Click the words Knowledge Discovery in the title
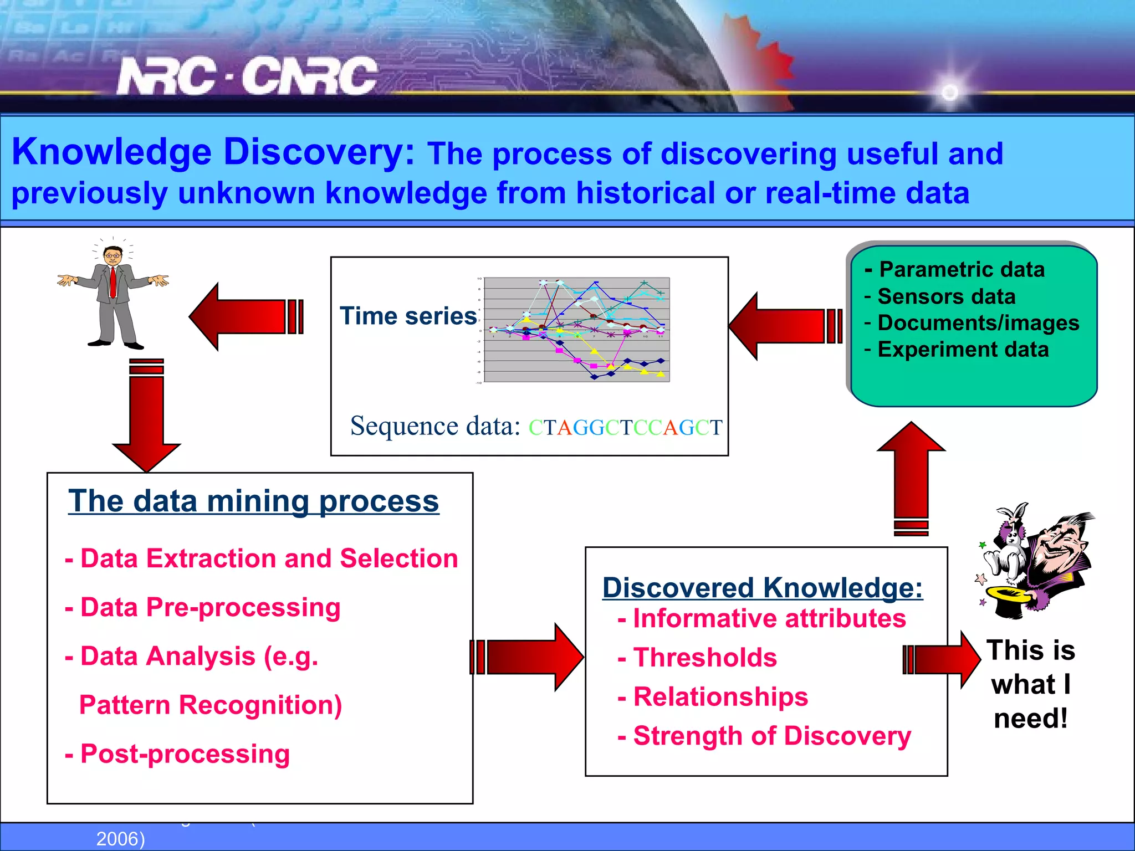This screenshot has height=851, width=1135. [x=213, y=152]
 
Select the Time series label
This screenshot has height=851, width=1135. [x=408, y=316]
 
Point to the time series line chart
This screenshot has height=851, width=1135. [x=576, y=330]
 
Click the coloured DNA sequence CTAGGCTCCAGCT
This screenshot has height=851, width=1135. [x=625, y=428]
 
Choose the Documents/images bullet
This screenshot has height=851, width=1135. [x=972, y=323]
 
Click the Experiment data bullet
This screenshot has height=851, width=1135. [x=957, y=350]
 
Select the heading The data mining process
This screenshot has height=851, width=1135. [x=253, y=501]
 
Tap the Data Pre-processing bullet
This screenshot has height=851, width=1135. [x=203, y=607]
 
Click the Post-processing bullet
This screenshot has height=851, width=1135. [x=178, y=754]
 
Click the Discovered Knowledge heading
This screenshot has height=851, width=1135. [x=763, y=588]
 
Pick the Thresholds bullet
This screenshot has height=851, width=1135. [x=697, y=658]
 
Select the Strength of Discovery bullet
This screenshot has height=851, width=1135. [x=764, y=736]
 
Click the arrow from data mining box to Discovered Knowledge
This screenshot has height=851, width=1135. [x=526, y=657]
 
